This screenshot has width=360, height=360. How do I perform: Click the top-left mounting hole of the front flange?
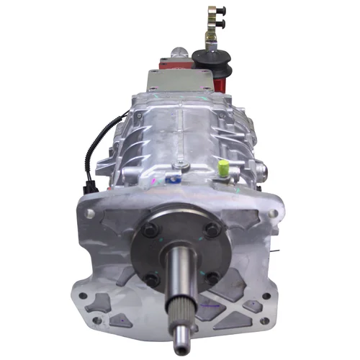88,214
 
